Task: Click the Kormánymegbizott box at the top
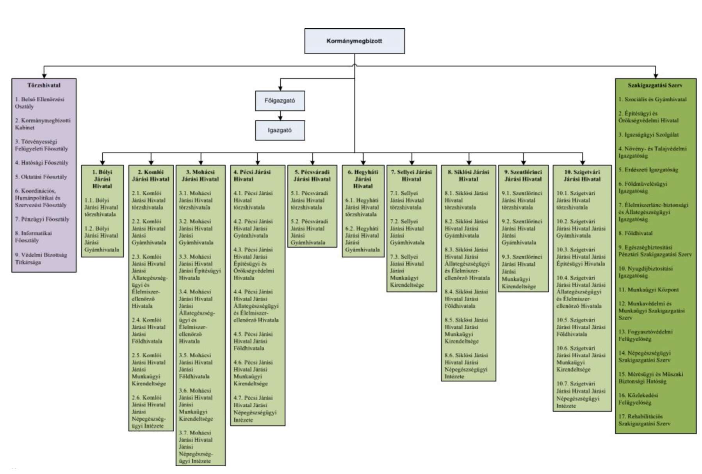pyautogui.click(x=354, y=41)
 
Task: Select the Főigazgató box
pyautogui.click(x=280, y=101)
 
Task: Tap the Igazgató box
pyautogui.click(x=280, y=130)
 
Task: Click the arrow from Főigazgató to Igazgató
pyautogui.click(x=280, y=116)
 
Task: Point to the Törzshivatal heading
pyautogui.click(x=44, y=85)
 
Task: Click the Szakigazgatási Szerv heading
pyautogui.click(x=655, y=85)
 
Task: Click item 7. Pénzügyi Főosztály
pyautogui.click(x=42, y=219)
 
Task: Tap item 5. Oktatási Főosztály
pyautogui.click(x=41, y=177)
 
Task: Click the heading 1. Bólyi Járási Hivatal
pyautogui.click(x=102, y=179)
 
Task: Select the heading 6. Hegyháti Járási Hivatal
pyautogui.click(x=363, y=179)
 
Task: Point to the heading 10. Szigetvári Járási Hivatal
pyautogui.click(x=582, y=176)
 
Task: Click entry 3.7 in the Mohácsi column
pyautogui.click(x=196, y=447)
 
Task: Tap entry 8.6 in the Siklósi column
pyautogui.click(x=466, y=366)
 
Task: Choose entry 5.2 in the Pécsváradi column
pyautogui.click(x=309, y=232)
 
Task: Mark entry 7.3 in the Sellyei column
pyautogui.click(x=407, y=271)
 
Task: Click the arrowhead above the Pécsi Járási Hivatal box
pyautogui.click(x=258, y=162)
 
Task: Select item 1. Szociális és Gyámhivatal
pyautogui.click(x=652, y=99)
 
